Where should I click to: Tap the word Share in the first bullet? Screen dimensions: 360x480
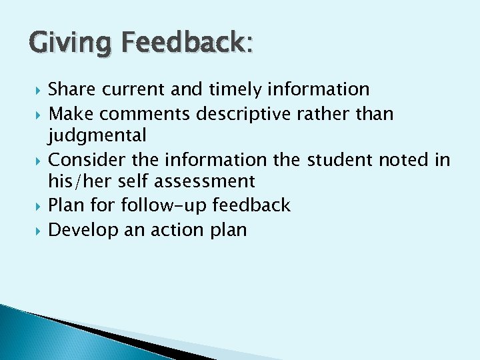click(x=73, y=89)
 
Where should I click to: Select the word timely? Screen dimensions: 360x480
click(x=234, y=89)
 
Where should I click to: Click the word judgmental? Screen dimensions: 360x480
click(x=97, y=136)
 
